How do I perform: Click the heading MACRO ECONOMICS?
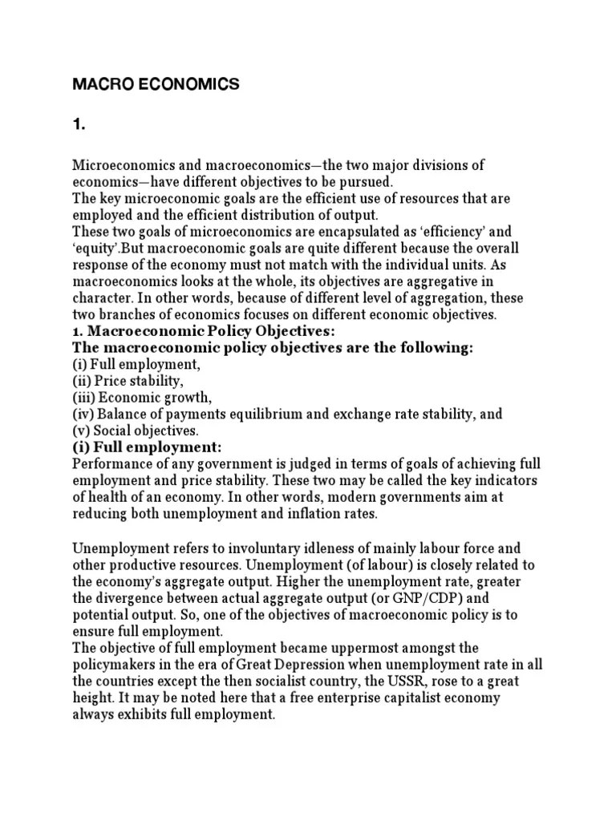click(156, 85)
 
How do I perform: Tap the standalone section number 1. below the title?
click(79, 125)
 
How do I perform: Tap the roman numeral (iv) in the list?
click(83, 414)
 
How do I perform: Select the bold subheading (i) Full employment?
click(147, 447)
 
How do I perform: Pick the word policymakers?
click(120, 664)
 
